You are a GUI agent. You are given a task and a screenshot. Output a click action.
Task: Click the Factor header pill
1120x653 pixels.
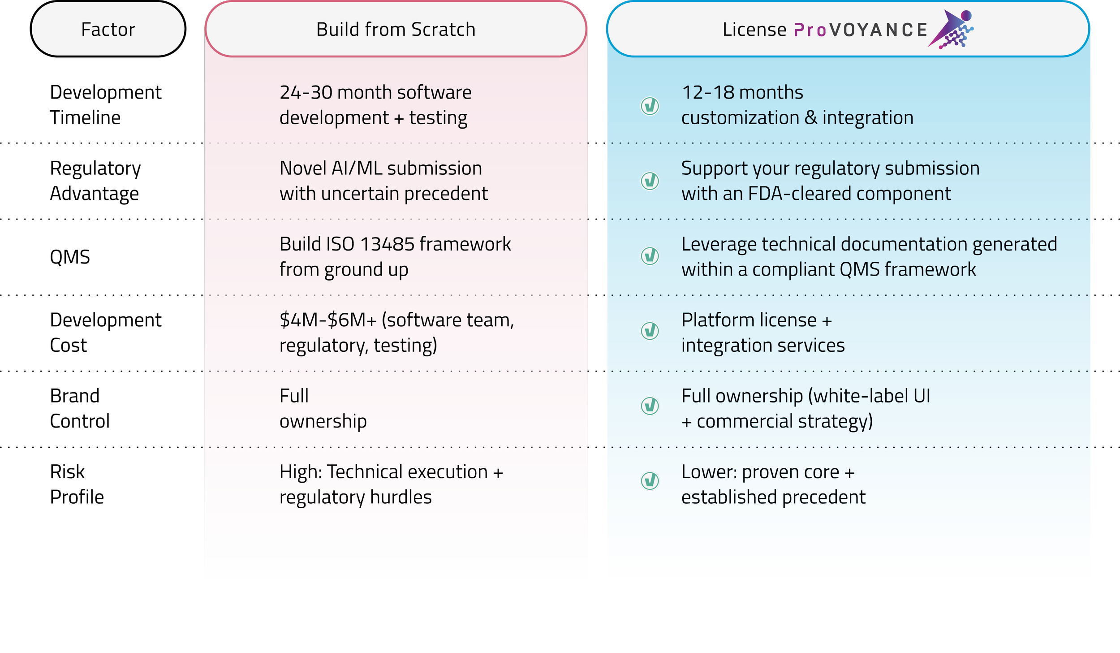(108, 29)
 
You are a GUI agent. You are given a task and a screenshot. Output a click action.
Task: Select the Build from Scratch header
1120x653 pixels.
(396, 29)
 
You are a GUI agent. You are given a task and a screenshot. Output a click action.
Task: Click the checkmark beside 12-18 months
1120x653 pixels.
(650, 106)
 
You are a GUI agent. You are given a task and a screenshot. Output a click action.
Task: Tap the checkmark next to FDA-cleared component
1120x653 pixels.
(650, 181)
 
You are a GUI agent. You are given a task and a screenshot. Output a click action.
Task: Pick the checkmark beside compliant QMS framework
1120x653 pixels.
(650, 256)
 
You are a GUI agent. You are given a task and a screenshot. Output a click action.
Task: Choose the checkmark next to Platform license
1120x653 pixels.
(650, 331)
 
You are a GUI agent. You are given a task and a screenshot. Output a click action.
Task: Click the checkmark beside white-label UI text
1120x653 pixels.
(650, 406)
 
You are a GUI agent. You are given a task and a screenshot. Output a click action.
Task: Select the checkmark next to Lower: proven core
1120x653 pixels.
(650, 480)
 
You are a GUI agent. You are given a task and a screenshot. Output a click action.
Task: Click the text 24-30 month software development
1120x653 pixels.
(375, 105)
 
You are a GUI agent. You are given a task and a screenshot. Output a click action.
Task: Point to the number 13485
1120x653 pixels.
(387, 244)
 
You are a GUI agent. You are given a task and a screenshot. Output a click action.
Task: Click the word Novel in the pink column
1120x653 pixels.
(303, 169)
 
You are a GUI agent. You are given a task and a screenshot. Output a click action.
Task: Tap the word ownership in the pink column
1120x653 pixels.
(323, 421)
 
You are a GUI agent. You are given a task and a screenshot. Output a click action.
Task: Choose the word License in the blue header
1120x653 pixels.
(754, 30)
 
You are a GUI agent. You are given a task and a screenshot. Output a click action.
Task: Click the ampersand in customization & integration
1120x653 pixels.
(810, 118)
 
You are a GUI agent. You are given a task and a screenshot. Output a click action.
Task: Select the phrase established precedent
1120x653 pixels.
(773, 497)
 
